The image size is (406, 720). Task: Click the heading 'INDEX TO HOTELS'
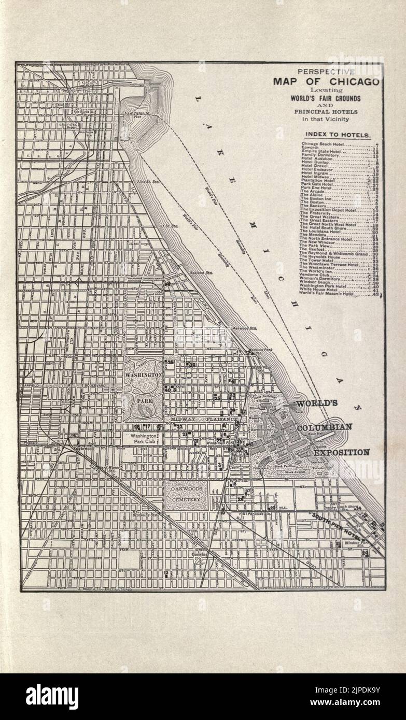338,135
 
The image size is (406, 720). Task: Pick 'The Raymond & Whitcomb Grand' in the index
334,254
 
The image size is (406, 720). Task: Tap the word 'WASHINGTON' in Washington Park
143,374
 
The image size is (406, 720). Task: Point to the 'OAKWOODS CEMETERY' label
186,494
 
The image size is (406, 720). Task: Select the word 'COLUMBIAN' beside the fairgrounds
325,427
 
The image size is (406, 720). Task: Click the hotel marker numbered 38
192,365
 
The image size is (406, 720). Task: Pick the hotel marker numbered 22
179,426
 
